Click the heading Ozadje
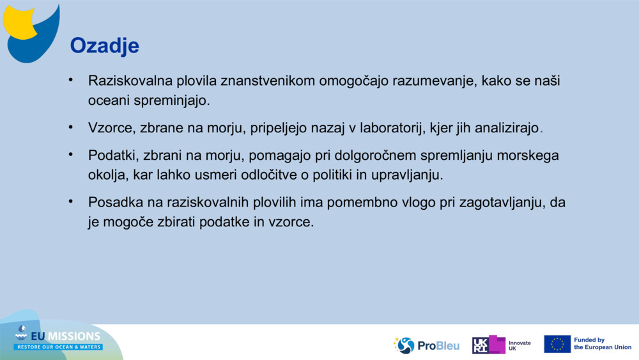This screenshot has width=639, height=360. coord(104,45)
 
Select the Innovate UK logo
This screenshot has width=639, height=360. coord(502,345)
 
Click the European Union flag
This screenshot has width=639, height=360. coord(557,344)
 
